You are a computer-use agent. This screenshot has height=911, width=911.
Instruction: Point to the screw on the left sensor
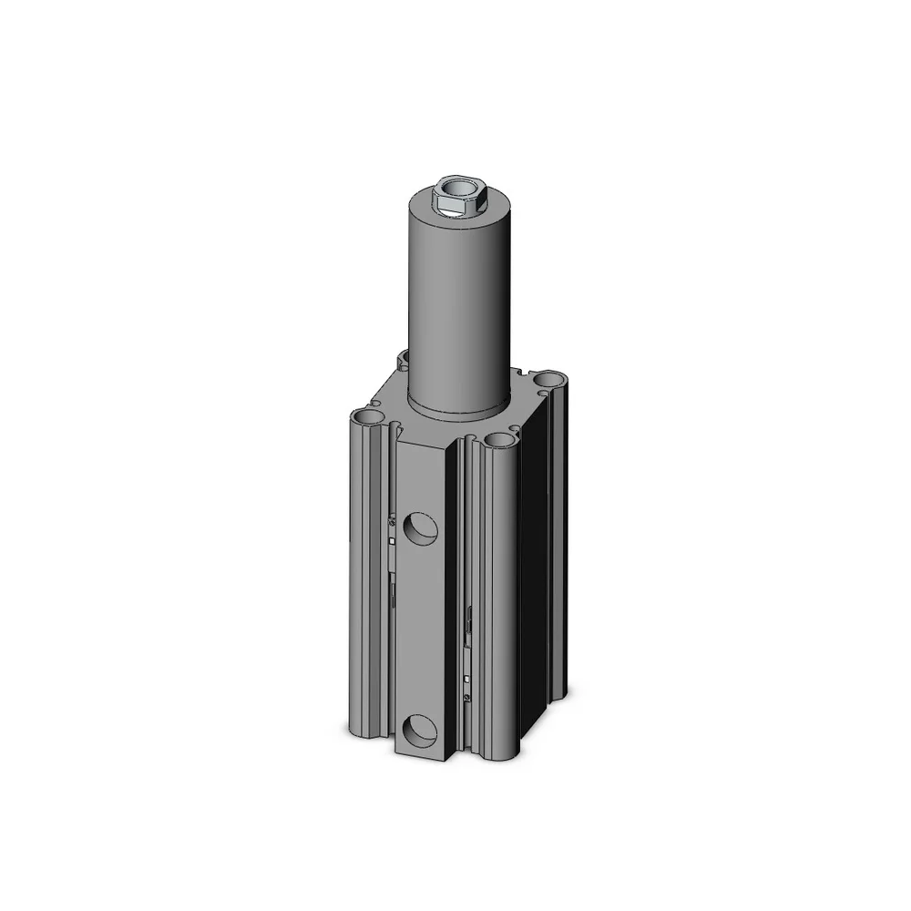pyautogui.click(x=392, y=523)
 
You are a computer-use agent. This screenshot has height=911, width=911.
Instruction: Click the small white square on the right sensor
pyautogui.click(x=468, y=680)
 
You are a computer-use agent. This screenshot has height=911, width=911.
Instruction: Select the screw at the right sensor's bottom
pyautogui.click(x=468, y=698)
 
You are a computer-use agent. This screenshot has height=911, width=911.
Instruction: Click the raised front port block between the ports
pyautogui.click(x=421, y=629)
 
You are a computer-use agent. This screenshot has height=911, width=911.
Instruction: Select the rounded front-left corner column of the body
pyautogui.click(x=368, y=583)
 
